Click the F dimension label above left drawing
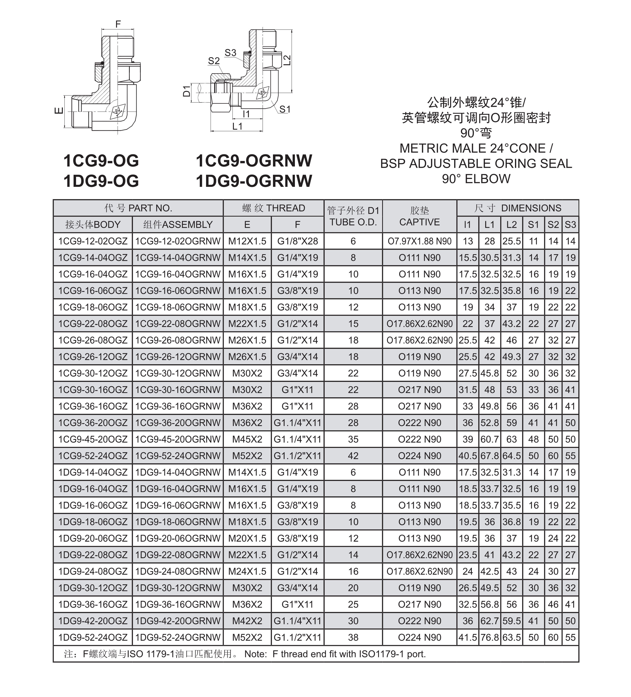pyautogui.click(x=118, y=24)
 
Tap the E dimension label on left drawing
pyautogui.click(x=59, y=111)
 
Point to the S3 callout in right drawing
pyautogui.click(x=230, y=53)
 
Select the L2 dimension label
pyautogui.click(x=287, y=60)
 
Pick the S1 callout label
pyautogui.click(x=284, y=109)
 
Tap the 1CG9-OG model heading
pyautogui.click(x=101, y=161)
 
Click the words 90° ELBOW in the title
pyautogui.click(x=476, y=179)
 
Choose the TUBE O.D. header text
pyautogui.click(x=353, y=222)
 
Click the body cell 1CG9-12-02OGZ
pyautogui.click(x=93, y=241)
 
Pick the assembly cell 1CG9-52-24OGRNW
pyautogui.click(x=178, y=456)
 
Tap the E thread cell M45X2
pyautogui.click(x=247, y=439)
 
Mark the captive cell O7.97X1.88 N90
pyautogui.click(x=420, y=241)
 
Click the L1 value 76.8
pyautogui.click(x=490, y=637)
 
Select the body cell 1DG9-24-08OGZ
pyautogui.click(x=93, y=571)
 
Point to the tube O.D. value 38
pyautogui.click(x=353, y=637)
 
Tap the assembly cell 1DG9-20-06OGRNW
pyautogui.click(x=178, y=538)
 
